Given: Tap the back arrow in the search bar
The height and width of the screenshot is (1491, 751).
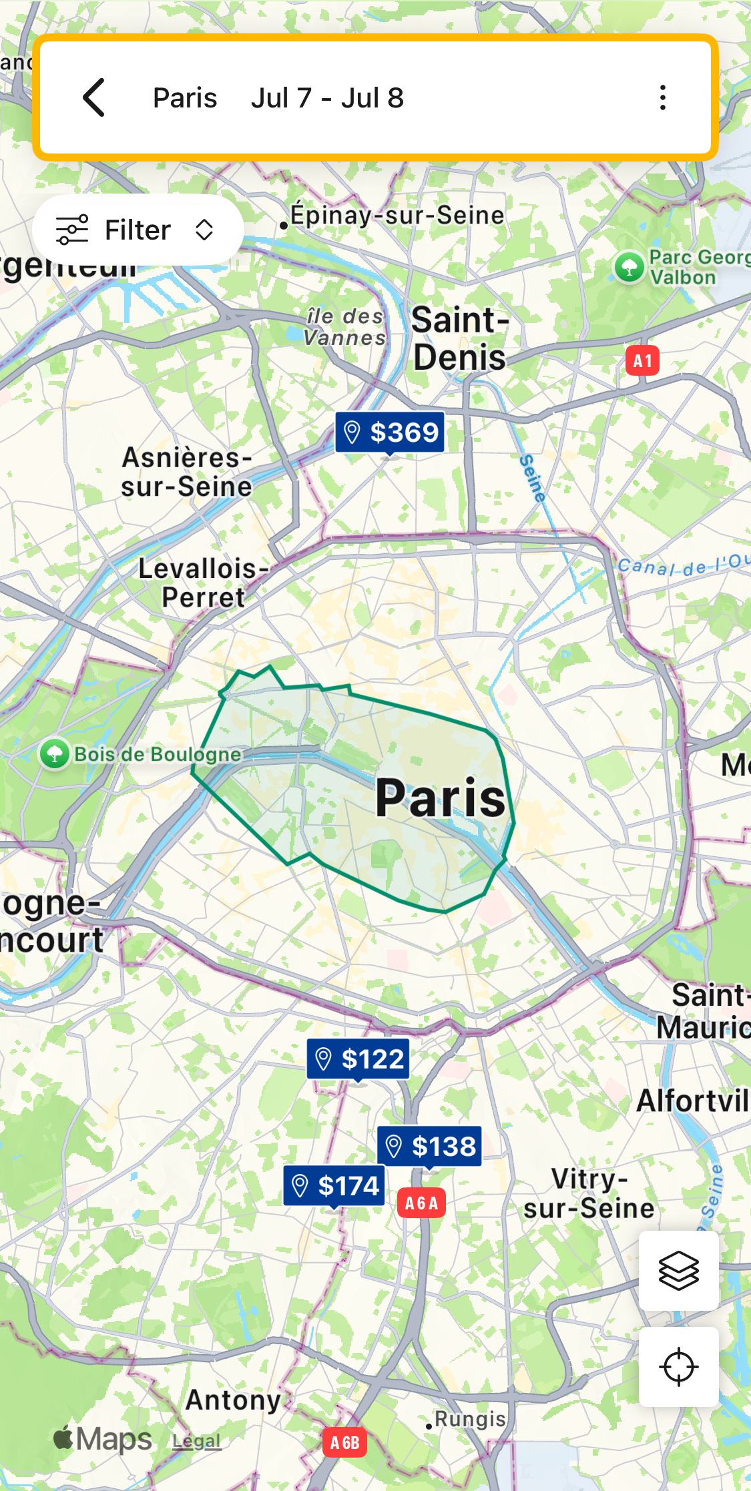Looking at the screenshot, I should coord(94,97).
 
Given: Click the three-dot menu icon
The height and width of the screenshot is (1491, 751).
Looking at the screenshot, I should coord(662,97).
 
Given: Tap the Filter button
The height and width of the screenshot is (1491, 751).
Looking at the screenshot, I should coord(138,230).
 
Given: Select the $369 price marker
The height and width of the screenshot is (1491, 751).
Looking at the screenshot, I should coord(391,432).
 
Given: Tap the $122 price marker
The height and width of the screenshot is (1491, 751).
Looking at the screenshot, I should coord(358,1059).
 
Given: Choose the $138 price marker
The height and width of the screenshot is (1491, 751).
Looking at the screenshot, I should coord(430,1147).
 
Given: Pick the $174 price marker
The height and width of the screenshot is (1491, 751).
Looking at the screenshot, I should coord(334,1186).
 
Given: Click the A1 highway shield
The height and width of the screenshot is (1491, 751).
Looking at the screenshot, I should coord(642,361).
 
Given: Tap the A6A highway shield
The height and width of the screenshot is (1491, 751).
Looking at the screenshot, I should coord(421,1203).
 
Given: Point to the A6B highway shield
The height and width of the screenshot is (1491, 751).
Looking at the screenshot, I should coord(344,1443).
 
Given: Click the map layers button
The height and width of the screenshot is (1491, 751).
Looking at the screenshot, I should coord(678,1271).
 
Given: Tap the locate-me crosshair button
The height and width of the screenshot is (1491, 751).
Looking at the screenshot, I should coord(678,1367).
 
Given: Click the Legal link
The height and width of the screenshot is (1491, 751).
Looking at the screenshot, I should coord(196,1441).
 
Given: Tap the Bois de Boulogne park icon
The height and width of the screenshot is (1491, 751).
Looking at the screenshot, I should coord(55,754).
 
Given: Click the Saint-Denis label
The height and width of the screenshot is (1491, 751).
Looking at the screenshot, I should coord(459,338).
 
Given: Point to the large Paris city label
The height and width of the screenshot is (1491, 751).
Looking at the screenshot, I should coord(441,798).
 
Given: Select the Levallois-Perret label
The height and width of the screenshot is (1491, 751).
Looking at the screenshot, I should coord(204,583).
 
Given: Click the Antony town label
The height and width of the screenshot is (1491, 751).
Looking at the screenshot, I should coord(233,1400).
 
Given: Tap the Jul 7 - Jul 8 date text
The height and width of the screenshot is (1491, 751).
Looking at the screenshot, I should coord(327,98).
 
